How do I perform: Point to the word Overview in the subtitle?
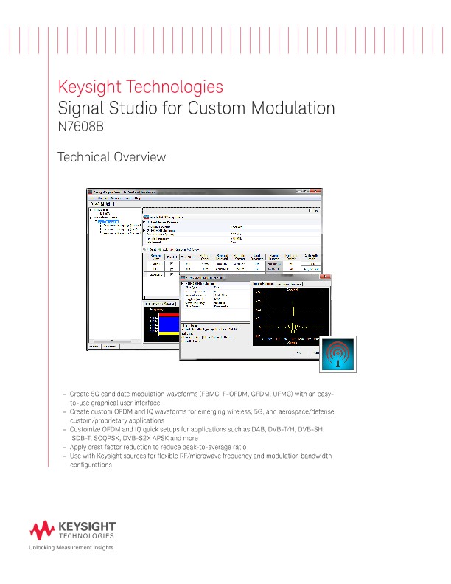click(141, 157)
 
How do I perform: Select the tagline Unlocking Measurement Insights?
click(71, 549)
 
